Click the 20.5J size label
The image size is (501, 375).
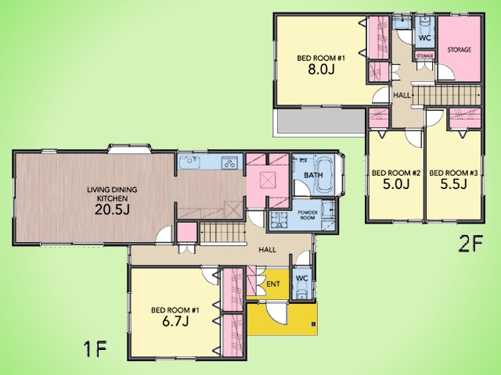point(112,209)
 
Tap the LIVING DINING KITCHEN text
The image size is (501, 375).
point(112,194)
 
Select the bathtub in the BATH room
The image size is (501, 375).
point(324,175)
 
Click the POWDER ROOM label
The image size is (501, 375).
point(308,215)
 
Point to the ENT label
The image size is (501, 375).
point(273,284)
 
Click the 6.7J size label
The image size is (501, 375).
point(175,321)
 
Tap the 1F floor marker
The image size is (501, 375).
point(95,349)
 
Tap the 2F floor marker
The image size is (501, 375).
point(471,244)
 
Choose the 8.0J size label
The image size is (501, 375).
point(321,69)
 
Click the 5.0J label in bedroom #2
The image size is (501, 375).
point(396,184)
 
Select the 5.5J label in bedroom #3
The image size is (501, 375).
point(454,184)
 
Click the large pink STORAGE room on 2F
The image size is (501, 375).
point(460,48)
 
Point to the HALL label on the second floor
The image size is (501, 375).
point(402,95)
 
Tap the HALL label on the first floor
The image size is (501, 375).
point(268,250)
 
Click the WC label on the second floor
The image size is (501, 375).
point(424,38)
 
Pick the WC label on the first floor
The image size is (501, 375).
point(301,278)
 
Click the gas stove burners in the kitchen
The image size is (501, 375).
point(229,162)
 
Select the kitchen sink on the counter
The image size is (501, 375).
point(189,162)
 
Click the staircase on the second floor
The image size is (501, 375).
point(446,95)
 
